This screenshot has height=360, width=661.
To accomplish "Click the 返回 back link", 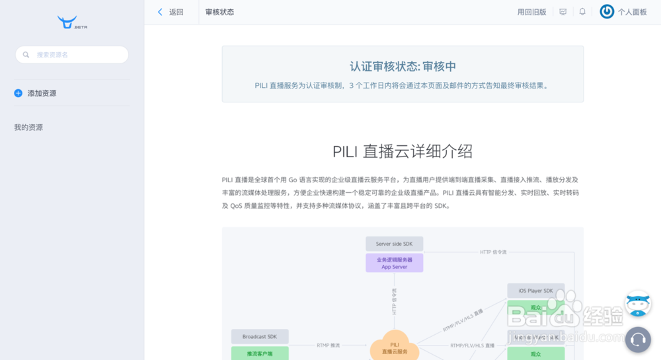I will tap(171, 12).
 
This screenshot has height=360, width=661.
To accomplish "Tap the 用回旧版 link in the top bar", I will tap(531, 12).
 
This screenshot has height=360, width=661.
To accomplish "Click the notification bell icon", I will tap(582, 12).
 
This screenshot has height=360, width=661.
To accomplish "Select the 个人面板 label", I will tap(633, 12).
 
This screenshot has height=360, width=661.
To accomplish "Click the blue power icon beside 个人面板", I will tap(607, 11).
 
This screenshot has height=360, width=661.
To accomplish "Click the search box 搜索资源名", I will tap(72, 55).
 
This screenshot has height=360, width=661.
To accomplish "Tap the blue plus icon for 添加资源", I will tap(19, 93).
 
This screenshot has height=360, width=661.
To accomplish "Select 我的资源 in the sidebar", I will tap(28, 127).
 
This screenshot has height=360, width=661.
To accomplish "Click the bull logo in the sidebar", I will tap(68, 22).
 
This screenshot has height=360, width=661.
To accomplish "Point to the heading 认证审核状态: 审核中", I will tap(403, 67).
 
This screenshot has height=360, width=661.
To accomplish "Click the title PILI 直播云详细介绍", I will tap(403, 151).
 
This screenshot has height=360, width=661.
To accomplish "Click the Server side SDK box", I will tap(394, 244).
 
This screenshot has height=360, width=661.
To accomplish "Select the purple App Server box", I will tap(394, 263).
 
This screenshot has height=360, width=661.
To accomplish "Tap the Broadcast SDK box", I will tap(260, 337).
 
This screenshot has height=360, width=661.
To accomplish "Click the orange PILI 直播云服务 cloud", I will tap(395, 347).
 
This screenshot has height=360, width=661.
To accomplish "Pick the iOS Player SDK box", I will tap(535, 291).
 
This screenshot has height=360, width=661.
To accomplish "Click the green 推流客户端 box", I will tap(260, 353).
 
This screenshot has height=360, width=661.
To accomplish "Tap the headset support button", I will tap(638, 340).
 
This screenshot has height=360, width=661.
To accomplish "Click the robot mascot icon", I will tap(638, 304).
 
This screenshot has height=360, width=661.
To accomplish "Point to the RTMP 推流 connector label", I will tap(328, 345).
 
